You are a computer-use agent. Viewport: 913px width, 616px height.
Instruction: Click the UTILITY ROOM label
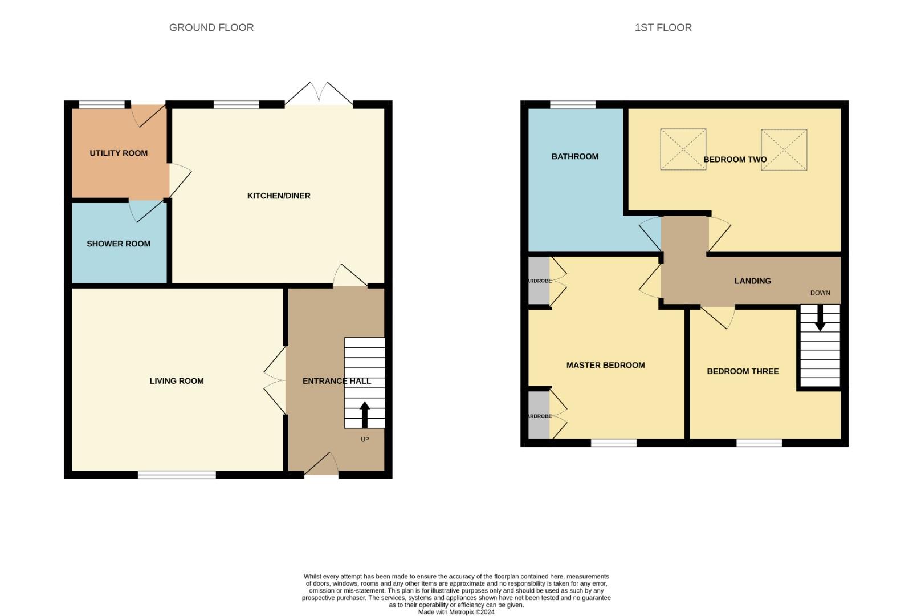tap(119, 153)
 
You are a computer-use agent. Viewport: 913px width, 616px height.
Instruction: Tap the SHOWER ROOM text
tap(119, 244)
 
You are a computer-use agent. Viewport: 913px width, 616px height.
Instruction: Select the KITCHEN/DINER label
tap(279, 196)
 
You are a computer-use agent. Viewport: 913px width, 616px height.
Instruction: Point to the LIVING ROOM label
tap(177, 381)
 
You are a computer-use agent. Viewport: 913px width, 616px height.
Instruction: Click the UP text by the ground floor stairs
tap(365, 439)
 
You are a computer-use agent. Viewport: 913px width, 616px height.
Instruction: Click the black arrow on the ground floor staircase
tap(365, 414)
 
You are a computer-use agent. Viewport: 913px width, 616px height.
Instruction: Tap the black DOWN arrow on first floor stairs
tap(820, 318)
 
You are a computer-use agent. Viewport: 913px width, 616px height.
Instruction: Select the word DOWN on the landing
tap(820, 293)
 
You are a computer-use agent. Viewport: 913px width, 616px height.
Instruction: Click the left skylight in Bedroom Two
tap(683, 149)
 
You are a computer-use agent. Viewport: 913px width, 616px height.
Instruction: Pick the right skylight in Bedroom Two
tap(784, 149)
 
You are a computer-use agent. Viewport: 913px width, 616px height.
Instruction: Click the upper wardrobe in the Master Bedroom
tap(539, 281)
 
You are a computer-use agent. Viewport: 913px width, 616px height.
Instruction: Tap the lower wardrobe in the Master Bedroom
tap(539, 416)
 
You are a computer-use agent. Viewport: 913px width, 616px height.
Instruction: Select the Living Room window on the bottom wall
tap(177, 475)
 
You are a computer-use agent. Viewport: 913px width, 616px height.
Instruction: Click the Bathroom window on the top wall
tap(573, 104)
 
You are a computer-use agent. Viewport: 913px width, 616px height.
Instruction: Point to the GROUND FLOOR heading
tap(211, 27)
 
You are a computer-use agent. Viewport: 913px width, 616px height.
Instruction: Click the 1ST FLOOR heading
tap(663, 27)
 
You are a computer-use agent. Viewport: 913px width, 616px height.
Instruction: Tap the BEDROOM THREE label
tap(743, 371)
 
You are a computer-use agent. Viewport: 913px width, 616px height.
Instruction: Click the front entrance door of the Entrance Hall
tap(321, 465)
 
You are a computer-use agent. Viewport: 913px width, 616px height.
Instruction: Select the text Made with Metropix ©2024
tap(456, 612)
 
